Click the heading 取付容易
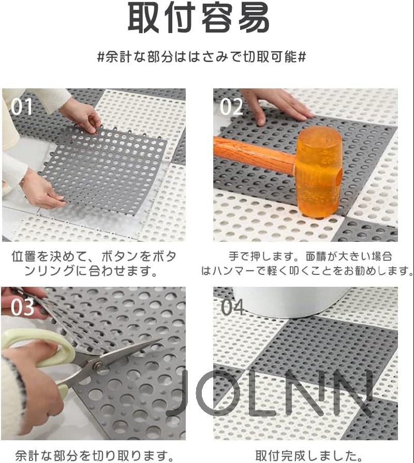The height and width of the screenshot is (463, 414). (x=198, y=18)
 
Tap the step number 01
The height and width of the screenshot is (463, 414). (x=22, y=107)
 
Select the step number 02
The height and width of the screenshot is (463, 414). (x=231, y=107)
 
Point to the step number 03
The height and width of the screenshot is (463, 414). (x=22, y=307)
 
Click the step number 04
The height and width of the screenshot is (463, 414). (x=232, y=307)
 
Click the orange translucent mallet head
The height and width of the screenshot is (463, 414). (x=319, y=171)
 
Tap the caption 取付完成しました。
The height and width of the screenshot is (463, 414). (x=309, y=455)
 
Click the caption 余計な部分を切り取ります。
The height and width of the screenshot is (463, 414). (x=95, y=455)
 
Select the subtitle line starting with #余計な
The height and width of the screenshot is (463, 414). (x=202, y=57)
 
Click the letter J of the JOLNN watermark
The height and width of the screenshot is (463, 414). (x=181, y=393)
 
